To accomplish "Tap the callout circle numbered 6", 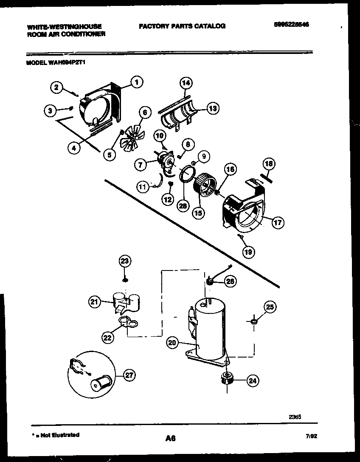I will point(145,113).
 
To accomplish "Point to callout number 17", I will point(278,222).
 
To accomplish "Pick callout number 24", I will point(252,381).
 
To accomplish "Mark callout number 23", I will point(124,261).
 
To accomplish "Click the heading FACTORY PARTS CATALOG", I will point(182,26).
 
